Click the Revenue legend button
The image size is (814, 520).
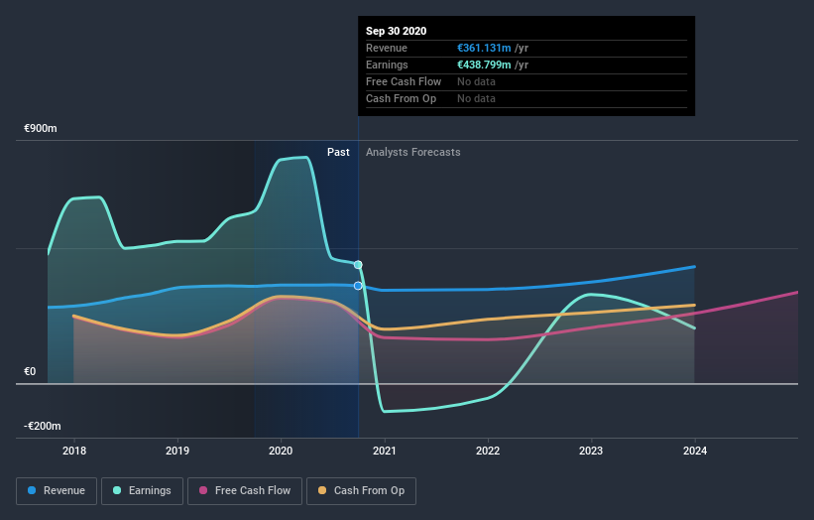58,490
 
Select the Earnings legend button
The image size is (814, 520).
142,490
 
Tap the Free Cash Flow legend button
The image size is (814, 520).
243,490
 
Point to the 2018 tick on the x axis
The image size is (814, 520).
74,451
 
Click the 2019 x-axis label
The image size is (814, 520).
177,451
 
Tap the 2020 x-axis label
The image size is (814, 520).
281,451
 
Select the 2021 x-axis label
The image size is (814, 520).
385,451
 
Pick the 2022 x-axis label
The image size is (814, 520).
488,451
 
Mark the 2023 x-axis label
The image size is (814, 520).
591,451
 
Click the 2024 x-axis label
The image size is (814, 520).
695,451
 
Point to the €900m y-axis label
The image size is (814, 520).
42,129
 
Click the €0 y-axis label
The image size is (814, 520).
31,371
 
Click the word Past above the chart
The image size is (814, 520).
338,152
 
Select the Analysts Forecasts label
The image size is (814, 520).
412,152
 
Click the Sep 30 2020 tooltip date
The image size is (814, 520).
396,31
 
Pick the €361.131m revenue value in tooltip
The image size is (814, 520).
484,48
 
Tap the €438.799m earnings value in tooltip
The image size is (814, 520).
485,65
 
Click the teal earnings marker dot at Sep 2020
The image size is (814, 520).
358,265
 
